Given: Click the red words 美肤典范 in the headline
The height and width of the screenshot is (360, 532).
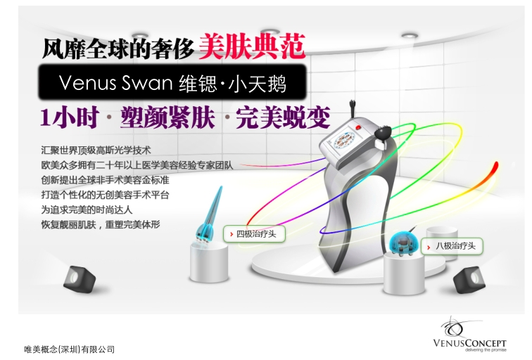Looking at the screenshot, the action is point(252,46).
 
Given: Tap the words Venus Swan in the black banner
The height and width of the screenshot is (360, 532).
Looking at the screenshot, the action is point(115,83).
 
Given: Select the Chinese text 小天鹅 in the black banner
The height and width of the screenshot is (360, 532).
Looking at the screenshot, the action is point(257,84).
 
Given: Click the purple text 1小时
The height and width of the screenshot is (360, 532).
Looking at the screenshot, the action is point(70,117).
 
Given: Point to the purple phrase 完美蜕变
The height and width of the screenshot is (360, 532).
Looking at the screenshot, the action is point(283,117).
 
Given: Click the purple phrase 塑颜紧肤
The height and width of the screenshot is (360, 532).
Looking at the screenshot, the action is point(167,117).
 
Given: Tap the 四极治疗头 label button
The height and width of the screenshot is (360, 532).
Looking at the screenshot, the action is point(254,234).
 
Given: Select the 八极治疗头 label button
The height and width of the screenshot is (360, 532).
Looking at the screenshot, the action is point(452,246).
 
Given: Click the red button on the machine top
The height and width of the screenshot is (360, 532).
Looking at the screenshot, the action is point(359,127).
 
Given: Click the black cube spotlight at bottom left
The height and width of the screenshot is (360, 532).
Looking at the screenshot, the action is point(80,278).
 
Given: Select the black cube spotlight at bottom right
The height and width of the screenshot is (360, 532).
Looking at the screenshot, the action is point(469,280).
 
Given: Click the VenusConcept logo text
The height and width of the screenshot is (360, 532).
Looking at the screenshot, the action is point(469,343).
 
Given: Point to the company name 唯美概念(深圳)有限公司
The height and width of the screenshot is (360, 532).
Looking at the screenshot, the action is point(69,349).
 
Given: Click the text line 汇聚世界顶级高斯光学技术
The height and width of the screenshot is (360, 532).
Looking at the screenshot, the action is point(96,150).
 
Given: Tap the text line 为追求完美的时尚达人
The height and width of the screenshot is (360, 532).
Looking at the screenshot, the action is point(87,210).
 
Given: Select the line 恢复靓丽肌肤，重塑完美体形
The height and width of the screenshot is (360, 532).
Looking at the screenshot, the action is point(101,224).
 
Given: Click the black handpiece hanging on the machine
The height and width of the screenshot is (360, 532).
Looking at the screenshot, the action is point(383,133).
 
